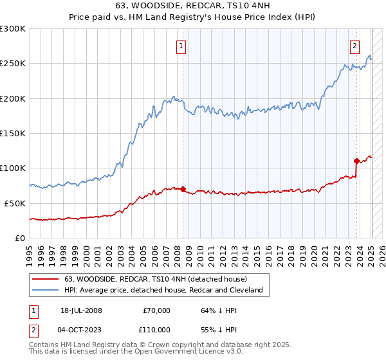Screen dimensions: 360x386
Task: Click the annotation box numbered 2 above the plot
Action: (x=354, y=46)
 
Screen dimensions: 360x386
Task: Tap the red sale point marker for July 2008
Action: (x=183, y=189)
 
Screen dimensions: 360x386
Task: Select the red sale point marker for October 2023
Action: (x=356, y=161)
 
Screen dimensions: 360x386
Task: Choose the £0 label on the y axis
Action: (x=19, y=238)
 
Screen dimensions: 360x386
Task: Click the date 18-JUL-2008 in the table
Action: (x=80, y=310)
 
